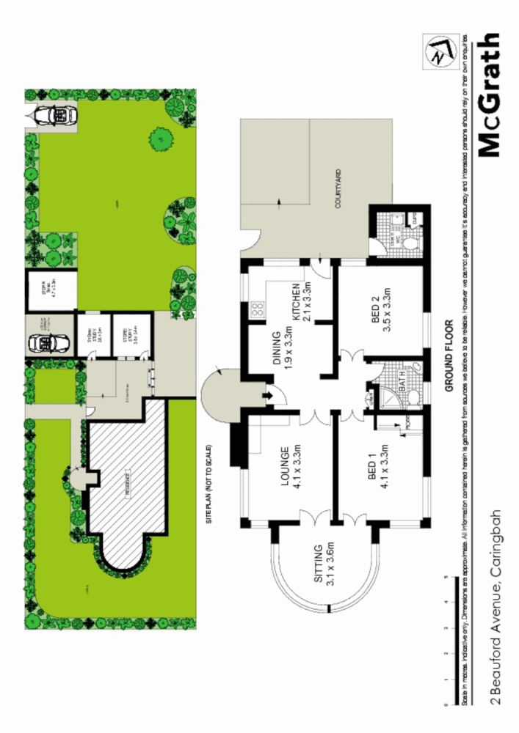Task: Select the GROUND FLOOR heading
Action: coord(448,358)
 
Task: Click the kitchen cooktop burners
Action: coord(258,309)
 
